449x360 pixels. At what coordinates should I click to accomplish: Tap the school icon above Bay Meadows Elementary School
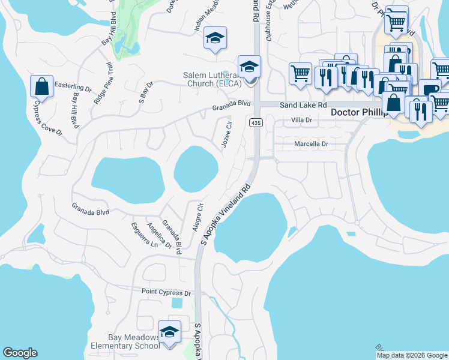[169, 331]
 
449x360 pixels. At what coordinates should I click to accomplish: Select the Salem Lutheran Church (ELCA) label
[212, 79]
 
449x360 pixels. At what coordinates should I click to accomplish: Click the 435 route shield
[255, 122]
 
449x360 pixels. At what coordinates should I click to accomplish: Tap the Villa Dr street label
[303, 120]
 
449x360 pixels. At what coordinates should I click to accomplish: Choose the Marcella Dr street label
[311, 144]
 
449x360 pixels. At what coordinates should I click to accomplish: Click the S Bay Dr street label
[146, 90]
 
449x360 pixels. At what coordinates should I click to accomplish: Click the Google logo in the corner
[20, 353]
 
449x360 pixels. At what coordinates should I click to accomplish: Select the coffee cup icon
[429, 89]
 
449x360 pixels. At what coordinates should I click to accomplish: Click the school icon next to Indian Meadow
[214, 38]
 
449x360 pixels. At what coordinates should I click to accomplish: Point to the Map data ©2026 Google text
[411, 355]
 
